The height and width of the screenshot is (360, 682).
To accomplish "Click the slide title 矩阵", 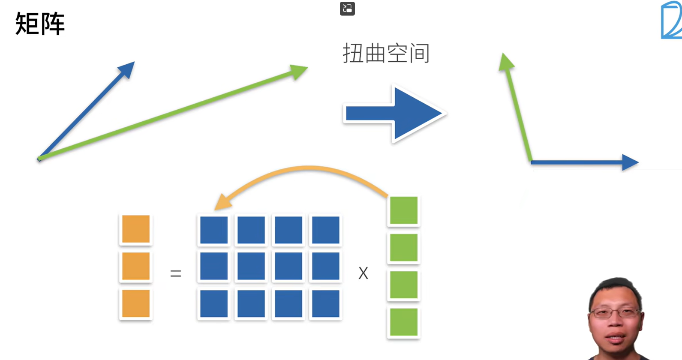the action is (40, 24).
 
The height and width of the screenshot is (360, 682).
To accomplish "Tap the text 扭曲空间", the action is (386, 53).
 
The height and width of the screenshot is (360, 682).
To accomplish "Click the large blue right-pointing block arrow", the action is (394, 114).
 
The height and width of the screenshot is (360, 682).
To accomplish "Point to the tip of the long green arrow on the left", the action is (308, 67).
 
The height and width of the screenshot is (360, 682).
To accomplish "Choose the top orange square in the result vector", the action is (136, 229).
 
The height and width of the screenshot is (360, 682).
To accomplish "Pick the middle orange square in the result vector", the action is (136, 266).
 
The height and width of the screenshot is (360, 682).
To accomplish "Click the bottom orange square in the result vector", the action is (136, 303).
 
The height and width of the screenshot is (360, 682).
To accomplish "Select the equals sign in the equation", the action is (176, 273).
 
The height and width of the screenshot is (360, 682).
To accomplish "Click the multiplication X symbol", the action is (363, 273).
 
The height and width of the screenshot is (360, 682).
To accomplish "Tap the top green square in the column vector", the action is (404, 210).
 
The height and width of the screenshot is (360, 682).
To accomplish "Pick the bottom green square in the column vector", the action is (404, 322).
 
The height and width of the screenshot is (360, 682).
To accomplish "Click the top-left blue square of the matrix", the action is (214, 230).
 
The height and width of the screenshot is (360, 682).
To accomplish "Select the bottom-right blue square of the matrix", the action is (326, 303).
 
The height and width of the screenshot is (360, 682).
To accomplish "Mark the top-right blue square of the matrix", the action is (326, 230).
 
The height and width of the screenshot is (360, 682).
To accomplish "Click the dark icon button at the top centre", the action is (347, 9).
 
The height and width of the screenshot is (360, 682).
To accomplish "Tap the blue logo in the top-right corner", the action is (672, 20).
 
